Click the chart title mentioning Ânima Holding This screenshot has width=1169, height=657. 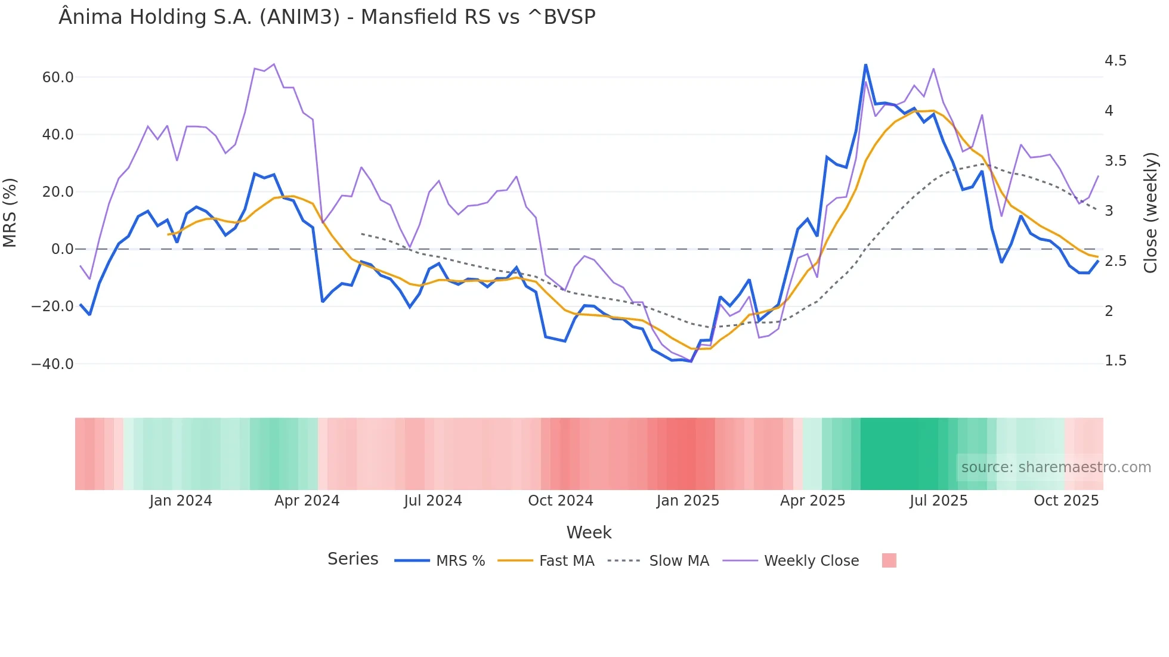[327, 17]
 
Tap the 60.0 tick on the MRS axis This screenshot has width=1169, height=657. [58, 78]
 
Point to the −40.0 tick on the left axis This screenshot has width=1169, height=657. [53, 364]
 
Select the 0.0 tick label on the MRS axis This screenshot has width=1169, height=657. [62, 249]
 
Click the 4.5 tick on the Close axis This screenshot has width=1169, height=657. [1115, 61]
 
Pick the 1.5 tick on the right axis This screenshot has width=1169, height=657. [1115, 361]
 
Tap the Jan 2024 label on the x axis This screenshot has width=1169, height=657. [181, 501]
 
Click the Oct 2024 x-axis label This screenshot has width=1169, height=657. [561, 501]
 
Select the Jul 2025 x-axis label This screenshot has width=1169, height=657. [938, 501]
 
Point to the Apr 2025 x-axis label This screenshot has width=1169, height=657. [812, 501]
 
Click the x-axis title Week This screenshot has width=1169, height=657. [589, 532]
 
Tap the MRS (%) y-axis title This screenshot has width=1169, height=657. [10, 213]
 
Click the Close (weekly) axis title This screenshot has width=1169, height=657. [1151, 213]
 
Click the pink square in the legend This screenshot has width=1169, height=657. [889, 560]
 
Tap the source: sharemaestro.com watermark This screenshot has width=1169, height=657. [1056, 467]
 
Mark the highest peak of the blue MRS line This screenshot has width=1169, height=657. [865, 65]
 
